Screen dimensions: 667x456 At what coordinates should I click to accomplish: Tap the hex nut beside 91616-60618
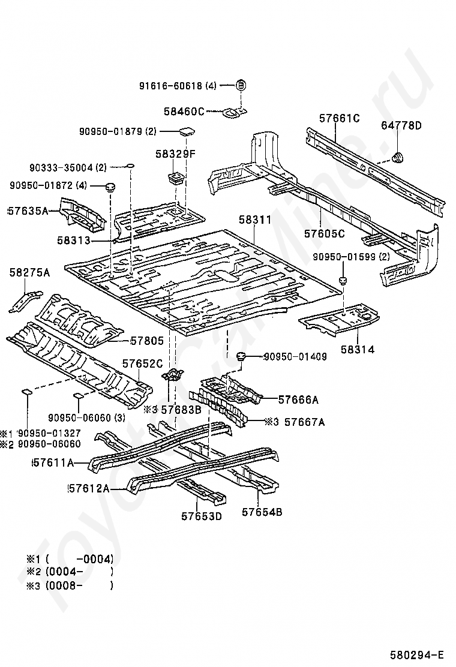241,85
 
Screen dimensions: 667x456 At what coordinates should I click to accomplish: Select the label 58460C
184,111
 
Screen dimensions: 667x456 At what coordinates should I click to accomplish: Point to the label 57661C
339,118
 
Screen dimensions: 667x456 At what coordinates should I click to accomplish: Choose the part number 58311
256,220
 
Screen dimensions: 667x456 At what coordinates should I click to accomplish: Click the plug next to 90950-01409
242,357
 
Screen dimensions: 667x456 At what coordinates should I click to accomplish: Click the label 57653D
201,515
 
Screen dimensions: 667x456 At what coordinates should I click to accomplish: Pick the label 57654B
262,512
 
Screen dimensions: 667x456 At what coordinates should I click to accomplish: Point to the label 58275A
29,273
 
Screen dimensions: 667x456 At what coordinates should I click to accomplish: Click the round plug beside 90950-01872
109,187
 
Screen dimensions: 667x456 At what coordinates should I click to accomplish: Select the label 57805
146,341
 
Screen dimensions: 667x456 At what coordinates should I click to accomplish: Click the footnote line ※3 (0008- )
69,585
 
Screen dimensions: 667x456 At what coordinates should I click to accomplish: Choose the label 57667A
304,422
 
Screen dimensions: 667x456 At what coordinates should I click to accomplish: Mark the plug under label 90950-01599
343,280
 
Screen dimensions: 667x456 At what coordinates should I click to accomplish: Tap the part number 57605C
325,233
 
